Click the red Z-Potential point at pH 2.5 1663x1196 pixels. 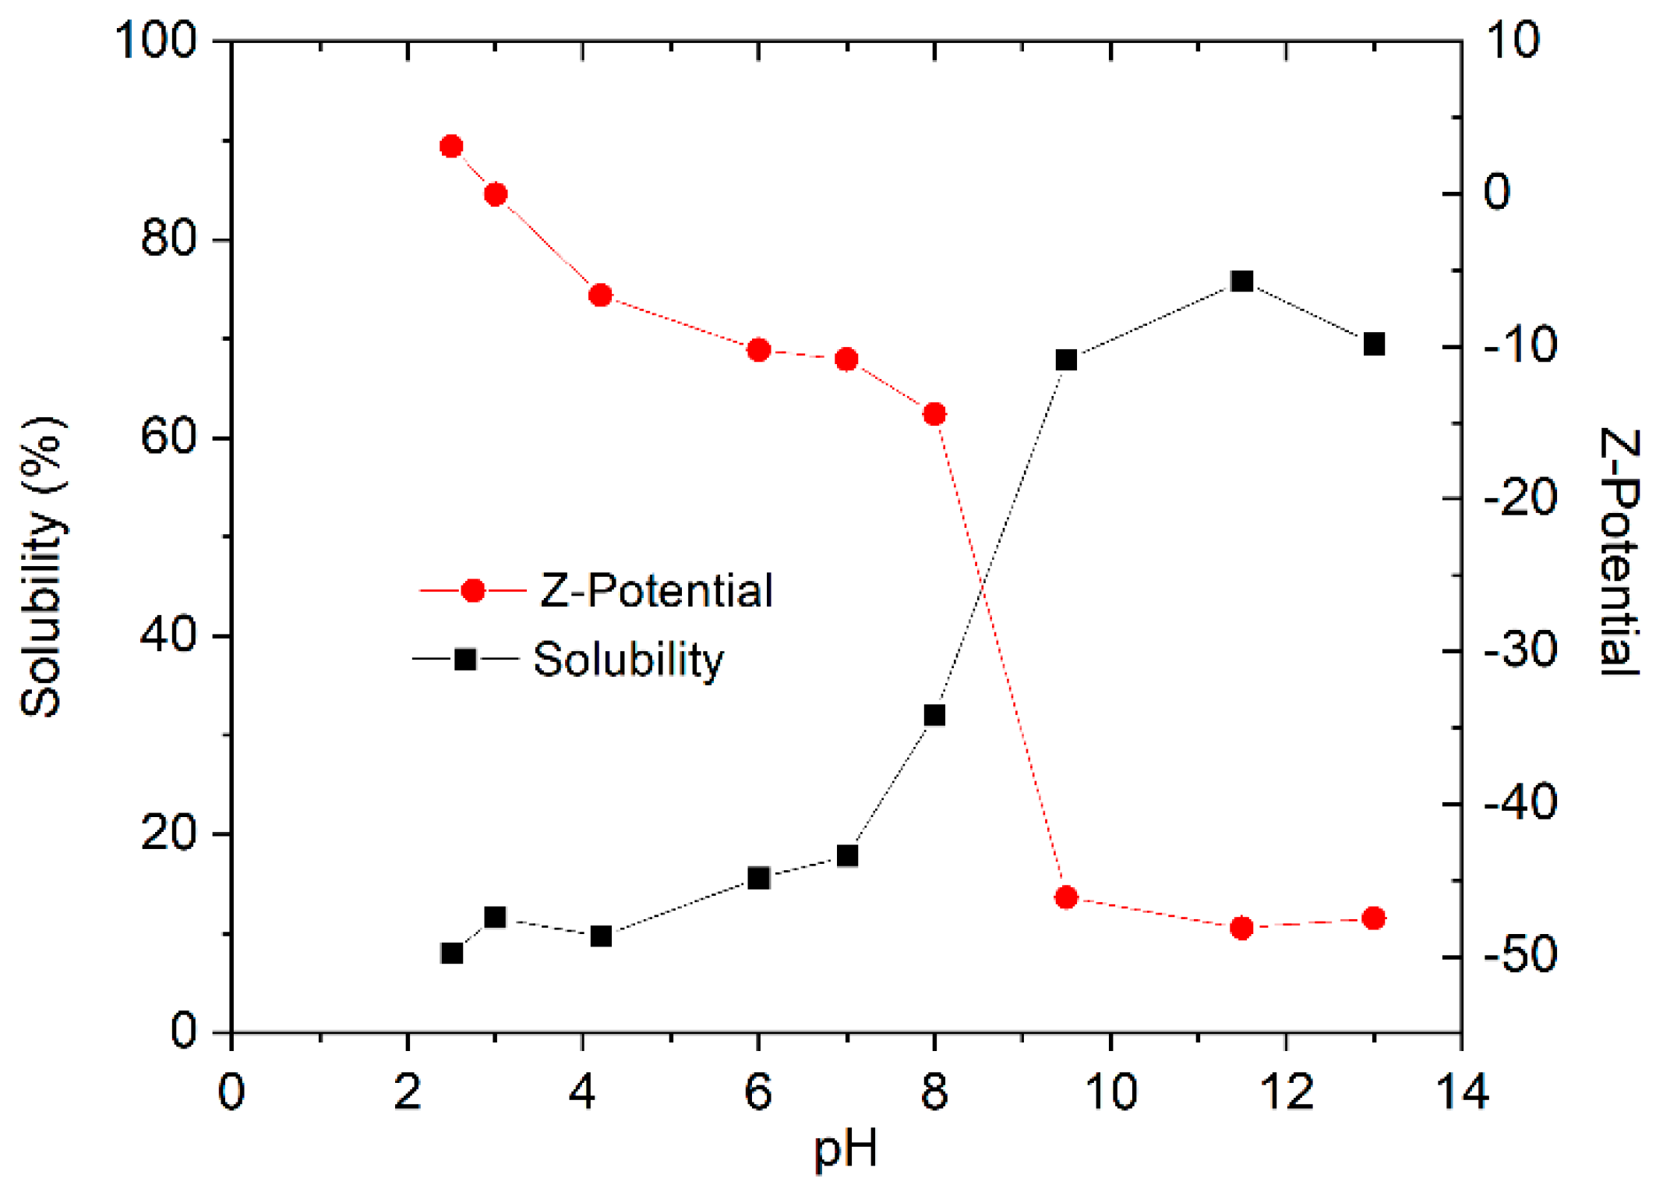(x=451, y=146)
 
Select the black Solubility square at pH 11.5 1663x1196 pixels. (x=1241, y=281)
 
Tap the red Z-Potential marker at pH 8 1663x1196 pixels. (x=934, y=414)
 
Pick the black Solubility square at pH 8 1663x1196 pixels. (x=934, y=715)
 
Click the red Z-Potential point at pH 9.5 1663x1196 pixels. (x=1066, y=897)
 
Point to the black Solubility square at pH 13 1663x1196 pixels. (x=1374, y=344)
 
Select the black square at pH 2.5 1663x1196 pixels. (x=451, y=953)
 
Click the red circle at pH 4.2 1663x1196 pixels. (x=600, y=295)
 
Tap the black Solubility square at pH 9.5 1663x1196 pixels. (x=1066, y=359)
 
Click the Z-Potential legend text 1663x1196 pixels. (x=656, y=590)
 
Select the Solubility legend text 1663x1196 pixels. (x=628, y=660)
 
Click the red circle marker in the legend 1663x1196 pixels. (x=473, y=590)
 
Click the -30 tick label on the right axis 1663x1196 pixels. (x=1520, y=649)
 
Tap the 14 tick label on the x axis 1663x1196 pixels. (x=1461, y=1091)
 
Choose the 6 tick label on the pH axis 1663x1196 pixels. (x=758, y=1091)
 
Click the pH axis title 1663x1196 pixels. (x=846, y=1148)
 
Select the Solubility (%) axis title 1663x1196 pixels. (x=42, y=567)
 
